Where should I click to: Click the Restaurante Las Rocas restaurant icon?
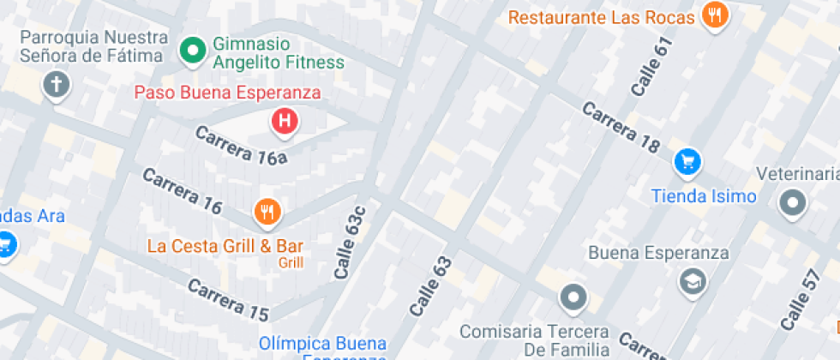point(714,15)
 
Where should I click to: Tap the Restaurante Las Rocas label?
point(605,17)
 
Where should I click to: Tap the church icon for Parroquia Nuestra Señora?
point(57,84)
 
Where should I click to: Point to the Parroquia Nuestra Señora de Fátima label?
point(91,47)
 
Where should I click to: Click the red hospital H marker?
point(285,121)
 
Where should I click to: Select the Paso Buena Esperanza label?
point(227,93)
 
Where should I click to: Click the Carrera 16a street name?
point(240,146)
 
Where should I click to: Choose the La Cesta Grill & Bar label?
point(225,246)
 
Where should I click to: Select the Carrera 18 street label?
point(621,128)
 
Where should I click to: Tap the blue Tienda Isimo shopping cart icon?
point(687,160)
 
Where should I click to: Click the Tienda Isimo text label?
point(704,196)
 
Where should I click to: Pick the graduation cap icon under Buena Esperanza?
point(691,280)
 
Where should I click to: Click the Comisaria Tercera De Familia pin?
point(572,298)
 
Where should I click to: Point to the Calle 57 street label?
point(797,300)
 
